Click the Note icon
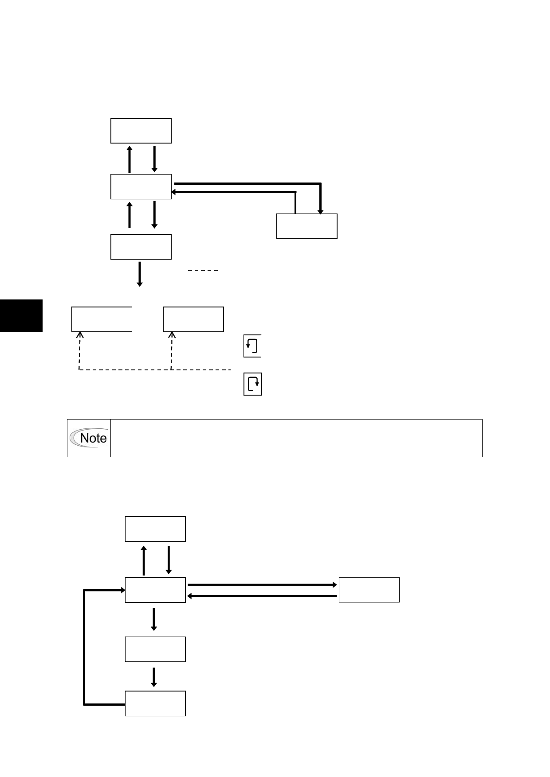point(89,438)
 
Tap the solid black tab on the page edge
point(21,315)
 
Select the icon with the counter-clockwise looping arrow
point(252,346)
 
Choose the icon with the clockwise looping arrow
point(252,384)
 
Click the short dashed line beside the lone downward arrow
point(203,270)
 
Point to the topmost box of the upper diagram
point(141,131)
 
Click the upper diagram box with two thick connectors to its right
point(141,186)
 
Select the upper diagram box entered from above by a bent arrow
point(307,226)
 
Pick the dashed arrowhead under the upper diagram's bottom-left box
point(80,335)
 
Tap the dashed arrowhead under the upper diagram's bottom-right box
point(172,335)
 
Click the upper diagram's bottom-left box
point(102,319)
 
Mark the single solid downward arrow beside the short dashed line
point(140,274)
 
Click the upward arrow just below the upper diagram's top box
point(130,159)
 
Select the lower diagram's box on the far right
point(369,590)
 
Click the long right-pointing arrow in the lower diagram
point(263,585)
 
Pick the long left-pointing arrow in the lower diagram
point(263,596)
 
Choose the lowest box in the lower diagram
point(155,703)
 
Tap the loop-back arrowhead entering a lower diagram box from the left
point(122,590)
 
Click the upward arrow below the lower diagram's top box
point(144,560)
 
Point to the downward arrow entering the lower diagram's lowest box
point(154,677)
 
